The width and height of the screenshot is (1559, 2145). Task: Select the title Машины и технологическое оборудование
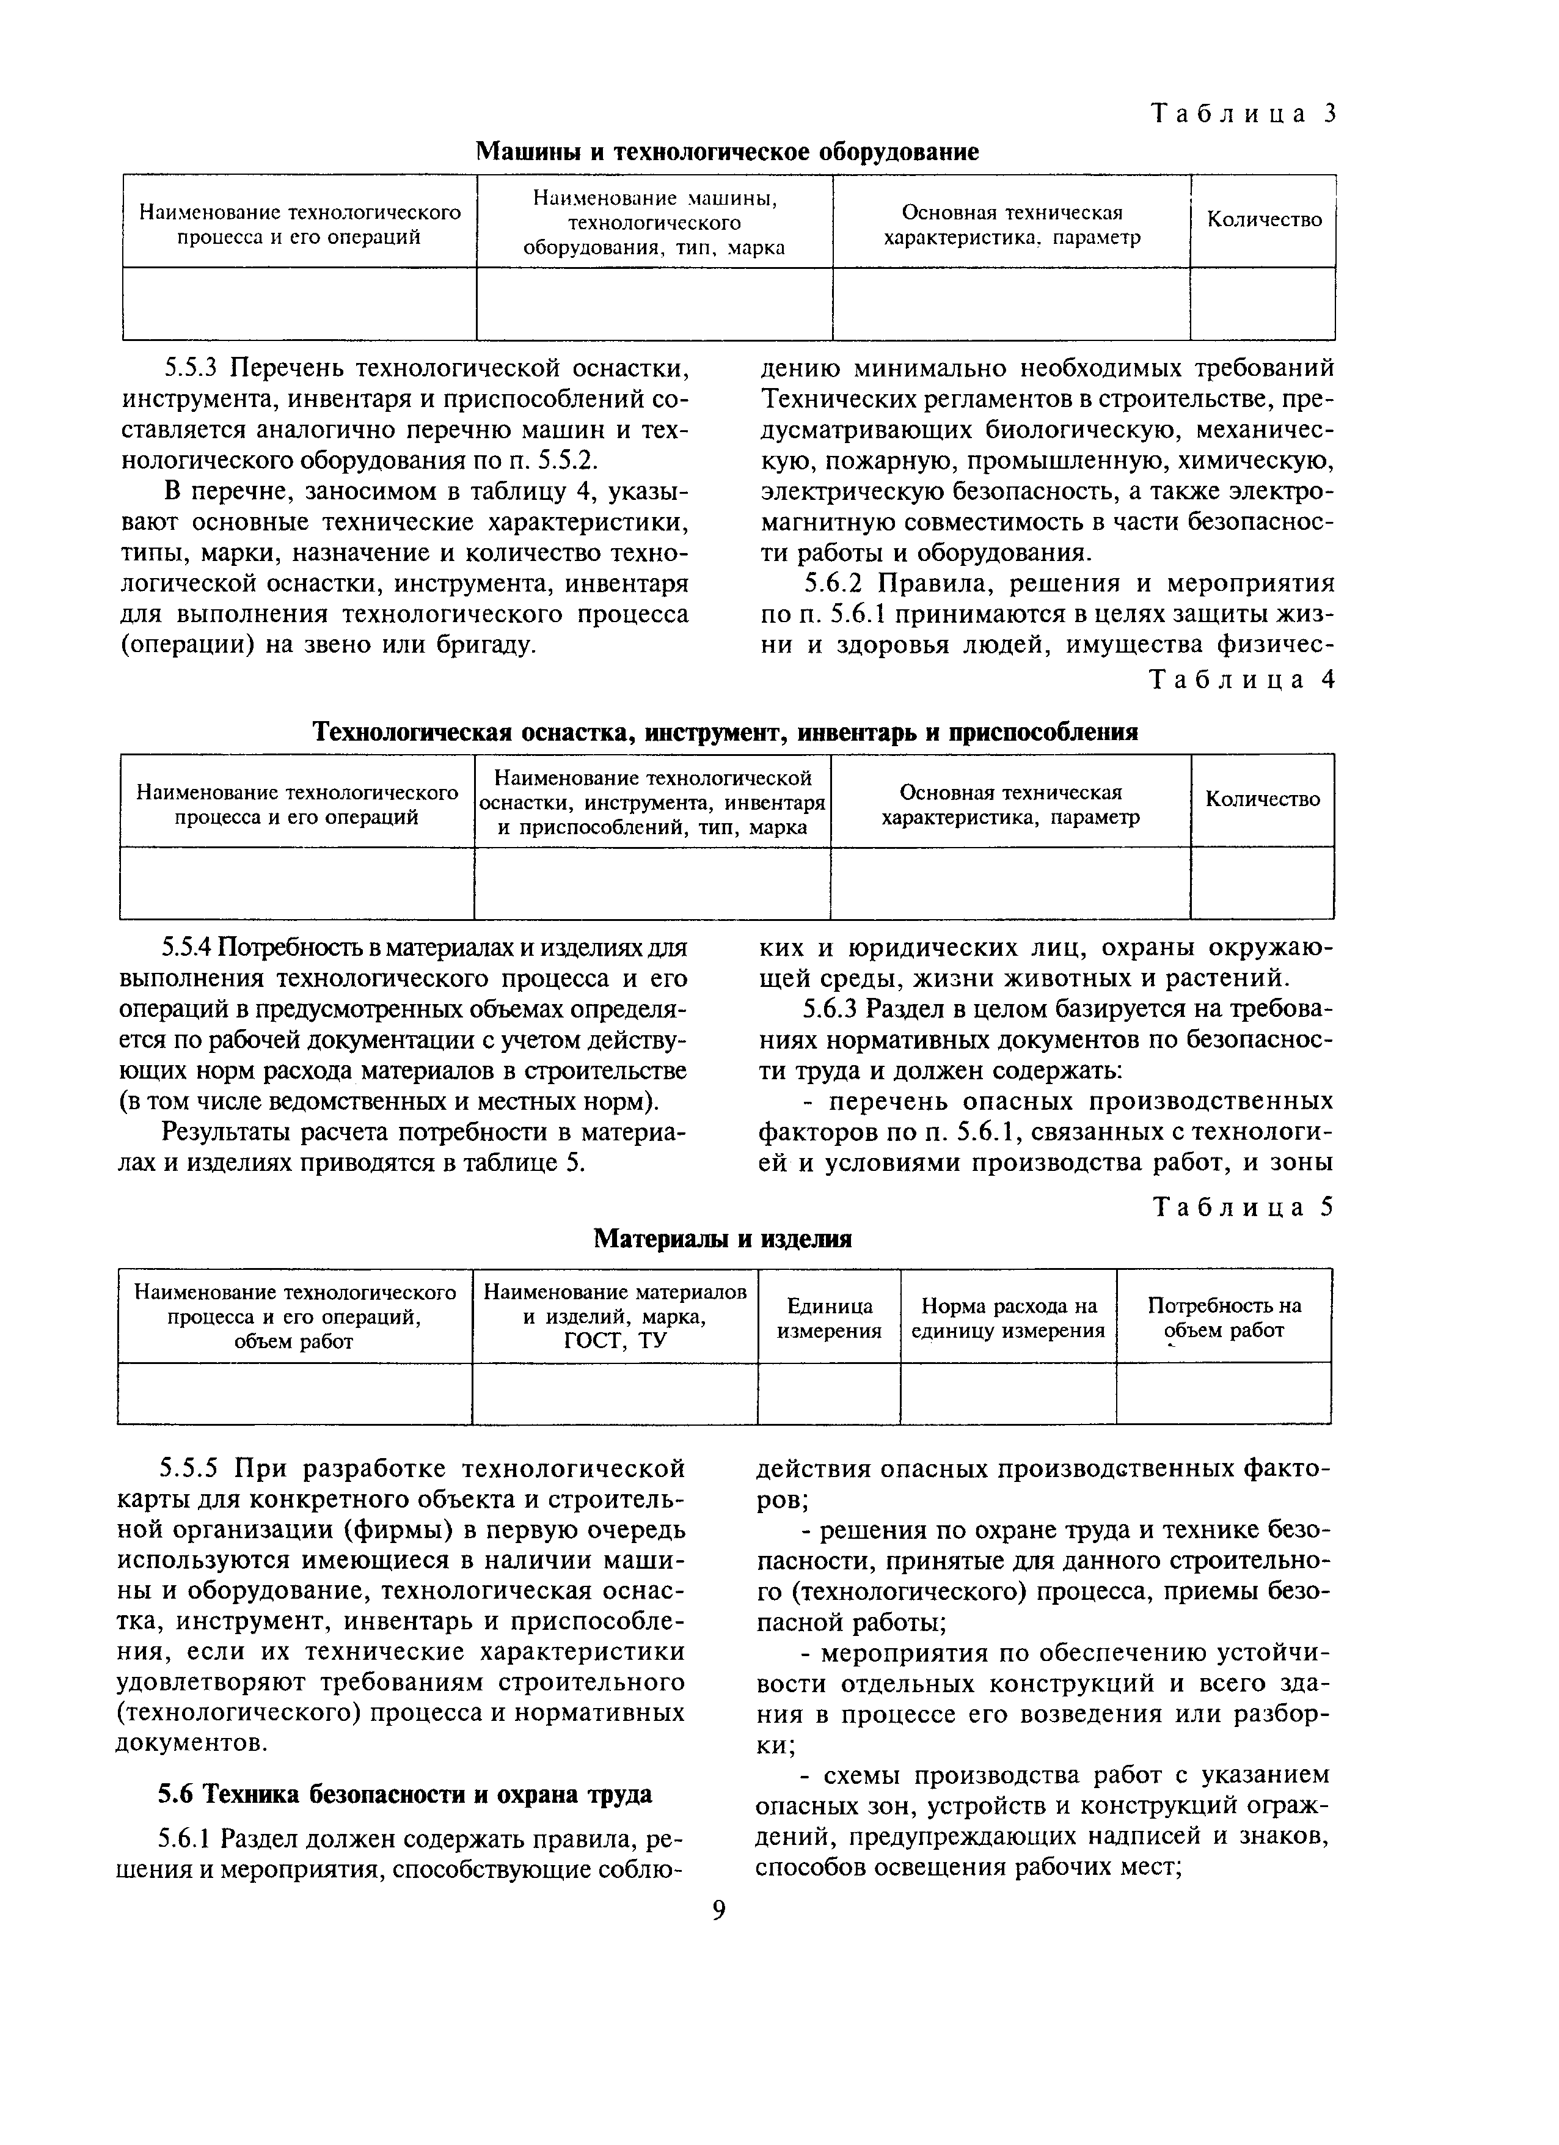pyautogui.click(x=726, y=152)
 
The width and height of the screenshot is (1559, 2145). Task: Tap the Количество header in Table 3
pyautogui.click(x=1264, y=219)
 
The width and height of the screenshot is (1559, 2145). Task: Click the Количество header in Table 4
pyautogui.click(x=1262, y=799)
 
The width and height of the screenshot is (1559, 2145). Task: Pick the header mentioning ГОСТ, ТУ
pyautogui.click(x=615, y=1316)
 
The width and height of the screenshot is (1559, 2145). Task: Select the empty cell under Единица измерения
pyautogui.click(x=829, y=1393)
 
